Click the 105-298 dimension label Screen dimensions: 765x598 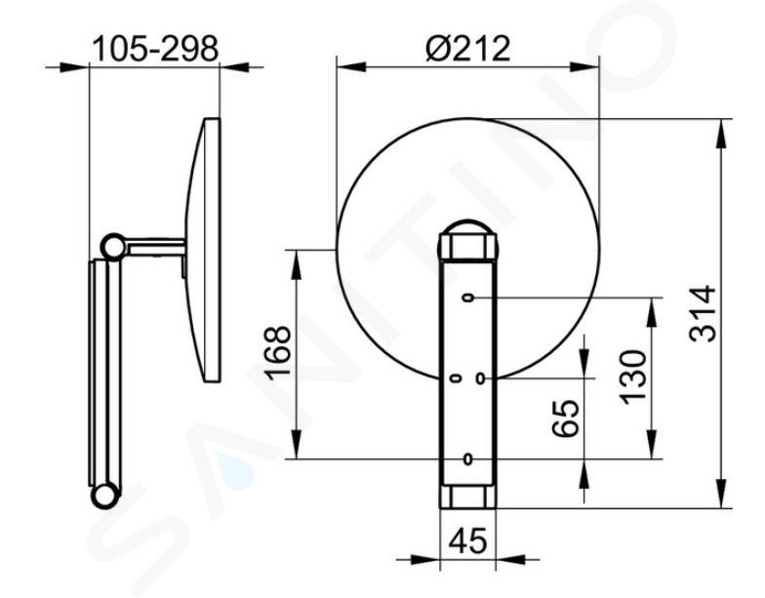[x=155, y=49]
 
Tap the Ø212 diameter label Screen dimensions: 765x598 [x=468, y=48]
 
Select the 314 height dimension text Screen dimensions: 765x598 [x=703, y=314]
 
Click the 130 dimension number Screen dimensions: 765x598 [x=632, y=377]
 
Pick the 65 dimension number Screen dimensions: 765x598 [x=566, y=418]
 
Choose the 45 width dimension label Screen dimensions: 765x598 [x=467, y=540]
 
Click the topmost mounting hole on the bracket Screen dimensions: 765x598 [x=468, y=298]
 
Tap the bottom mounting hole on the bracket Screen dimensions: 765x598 [x=468, y=458]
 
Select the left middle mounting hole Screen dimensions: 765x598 [x=457, y=379]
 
